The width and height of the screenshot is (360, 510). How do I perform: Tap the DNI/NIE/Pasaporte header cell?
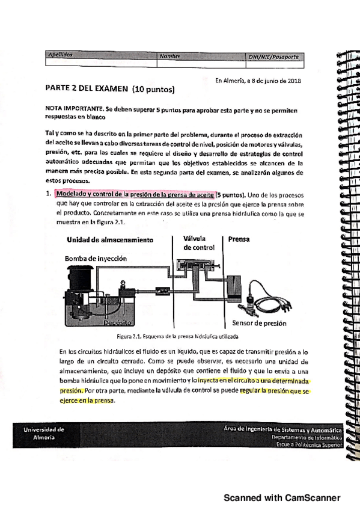coord(273,57)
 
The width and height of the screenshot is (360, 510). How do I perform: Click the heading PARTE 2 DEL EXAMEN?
coord(110,90)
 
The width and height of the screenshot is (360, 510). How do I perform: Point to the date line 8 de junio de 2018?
coord(258,81)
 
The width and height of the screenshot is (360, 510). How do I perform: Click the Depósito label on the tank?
coord(118,322)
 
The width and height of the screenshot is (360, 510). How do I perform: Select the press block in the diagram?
coord(239,287)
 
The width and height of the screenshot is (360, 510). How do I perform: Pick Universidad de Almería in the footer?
coord(43,434)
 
